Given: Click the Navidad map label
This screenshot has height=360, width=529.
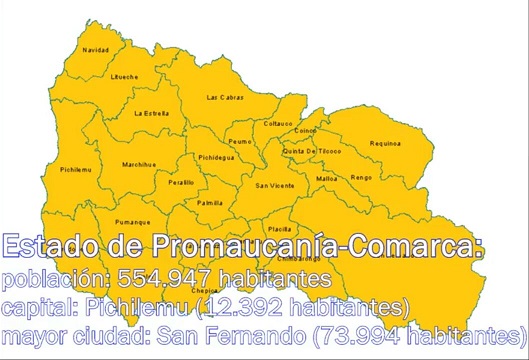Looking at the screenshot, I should click(x=96, y=49).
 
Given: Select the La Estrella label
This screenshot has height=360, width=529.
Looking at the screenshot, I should click(x=151, y=113).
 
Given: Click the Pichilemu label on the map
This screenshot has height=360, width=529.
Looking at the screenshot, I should click(x=76, y=170).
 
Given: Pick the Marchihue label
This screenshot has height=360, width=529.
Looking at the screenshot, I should click(x=138, y=164).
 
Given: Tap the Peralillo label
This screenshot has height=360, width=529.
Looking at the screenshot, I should click(x=181, y=183).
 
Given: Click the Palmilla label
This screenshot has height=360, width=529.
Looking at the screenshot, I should click(x=210, y=202).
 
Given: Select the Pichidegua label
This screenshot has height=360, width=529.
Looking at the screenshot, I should click(x=216, y=157).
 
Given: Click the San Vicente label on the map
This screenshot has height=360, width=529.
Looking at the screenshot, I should click(x=275, y=185).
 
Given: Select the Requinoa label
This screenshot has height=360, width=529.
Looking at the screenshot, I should click(x=385, y=143).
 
